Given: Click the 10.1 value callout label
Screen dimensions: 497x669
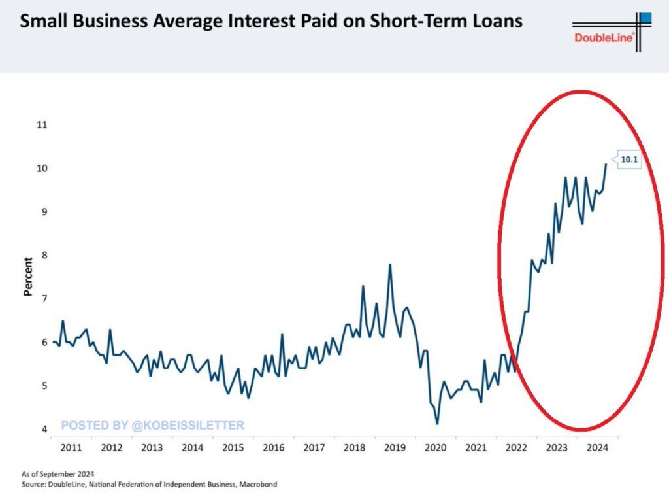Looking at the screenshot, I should click(628, 159).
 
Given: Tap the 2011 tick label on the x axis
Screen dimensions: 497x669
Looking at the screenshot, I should click(71, 448).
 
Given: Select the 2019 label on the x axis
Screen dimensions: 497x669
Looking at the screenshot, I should click(395, 448).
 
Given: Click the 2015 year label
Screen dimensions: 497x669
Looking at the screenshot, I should click(233, 448).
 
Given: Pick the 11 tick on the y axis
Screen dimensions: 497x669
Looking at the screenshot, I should click(42, 124).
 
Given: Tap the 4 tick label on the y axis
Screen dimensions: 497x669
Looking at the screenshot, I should click(43, 429).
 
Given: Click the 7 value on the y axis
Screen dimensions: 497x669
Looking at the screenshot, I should click(43, 299).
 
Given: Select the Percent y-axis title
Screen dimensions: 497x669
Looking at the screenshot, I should click(28, 277).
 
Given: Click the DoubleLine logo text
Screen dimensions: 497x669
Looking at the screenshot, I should click(604, 38).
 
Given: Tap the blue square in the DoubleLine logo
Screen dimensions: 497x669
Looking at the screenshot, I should click(645, 18).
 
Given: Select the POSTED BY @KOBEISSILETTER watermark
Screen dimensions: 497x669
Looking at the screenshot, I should click(153, 426).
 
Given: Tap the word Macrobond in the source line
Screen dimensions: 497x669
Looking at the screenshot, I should click(257, 485).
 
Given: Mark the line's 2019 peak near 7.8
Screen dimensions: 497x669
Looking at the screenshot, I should click(390, 265).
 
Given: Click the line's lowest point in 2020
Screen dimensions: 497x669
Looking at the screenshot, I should click(436, 424).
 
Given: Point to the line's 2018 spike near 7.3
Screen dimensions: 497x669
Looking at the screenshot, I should click(363, 286).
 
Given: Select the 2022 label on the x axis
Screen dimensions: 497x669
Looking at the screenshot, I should click(516, 448).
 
